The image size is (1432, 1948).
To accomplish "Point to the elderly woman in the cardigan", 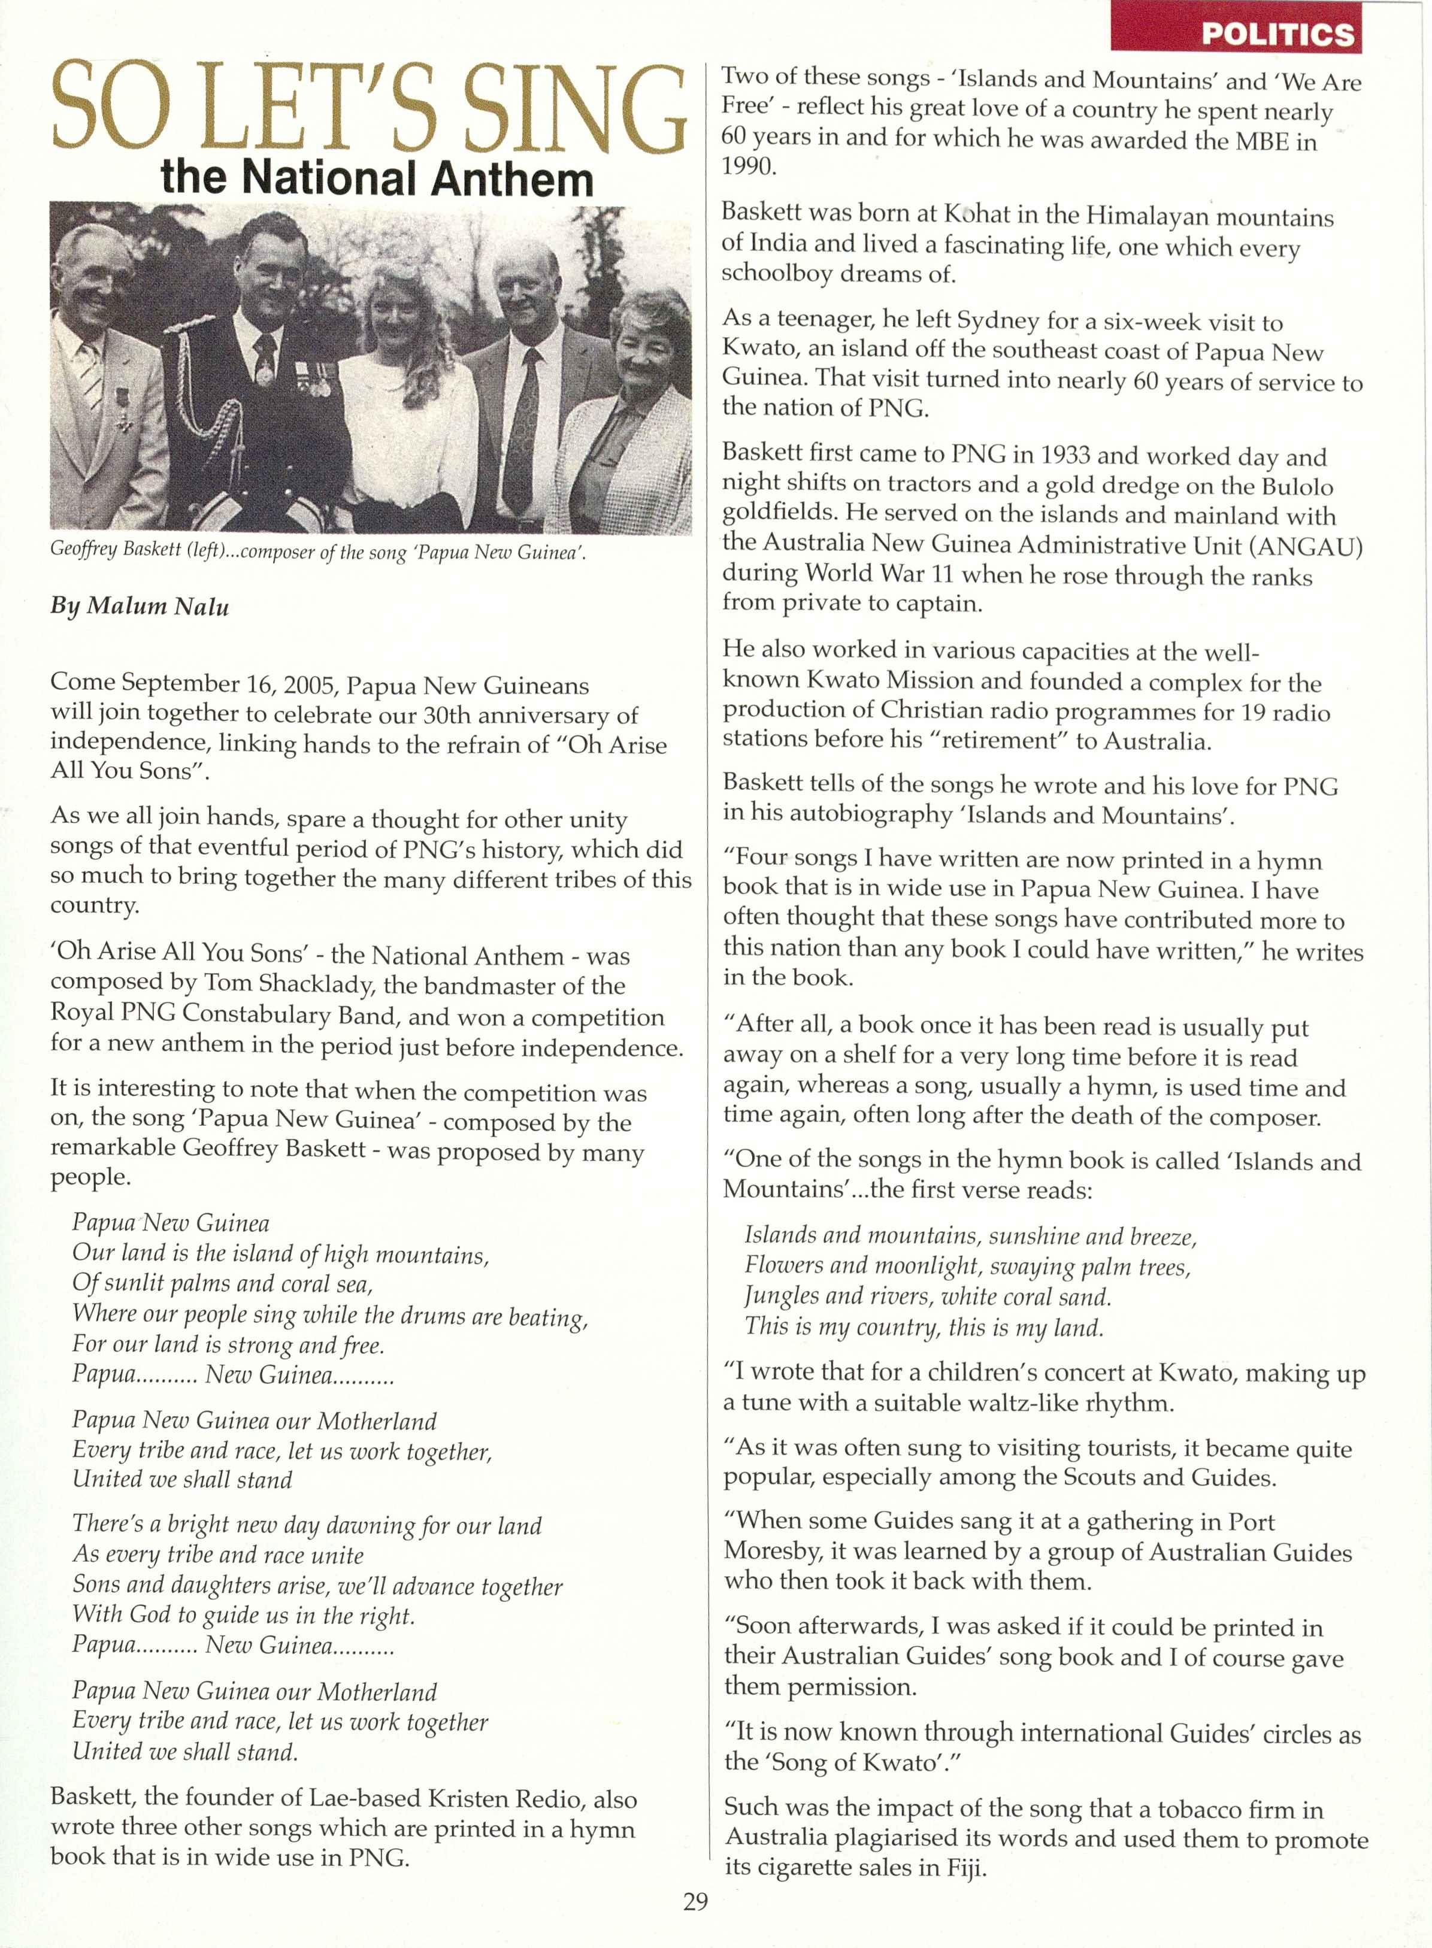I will point(635,407).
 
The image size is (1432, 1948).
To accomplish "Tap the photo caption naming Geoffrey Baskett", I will point(318,553).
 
